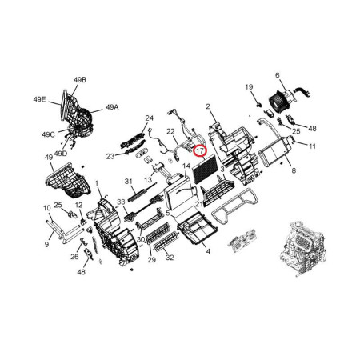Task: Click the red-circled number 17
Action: point(200,151)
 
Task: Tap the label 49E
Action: point(39,99)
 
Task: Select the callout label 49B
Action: point(80,80)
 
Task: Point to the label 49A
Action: point(112,107)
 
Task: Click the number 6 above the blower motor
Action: point(278,75)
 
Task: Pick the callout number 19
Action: point(249,87)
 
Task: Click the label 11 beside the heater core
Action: point(312,146)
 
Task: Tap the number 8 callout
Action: point(294,170)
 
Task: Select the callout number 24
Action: point(150,118)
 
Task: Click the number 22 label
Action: point(170,131)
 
